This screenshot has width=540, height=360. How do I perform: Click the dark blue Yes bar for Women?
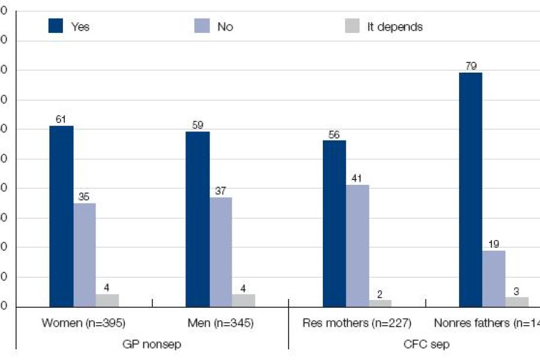(x=61, y=216)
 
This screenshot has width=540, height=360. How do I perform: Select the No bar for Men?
(x=220, y=252)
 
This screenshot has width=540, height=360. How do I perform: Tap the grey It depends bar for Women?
(x=107, y=301)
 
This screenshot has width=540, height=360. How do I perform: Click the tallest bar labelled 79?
(x=470, y=190)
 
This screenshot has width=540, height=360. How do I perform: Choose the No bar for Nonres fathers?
(x=494, y=278)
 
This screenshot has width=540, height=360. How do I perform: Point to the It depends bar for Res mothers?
(x=380, y=304)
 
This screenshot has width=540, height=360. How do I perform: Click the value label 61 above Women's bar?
(x=61, y=119)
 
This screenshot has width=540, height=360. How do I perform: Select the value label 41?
(x=358, y=178)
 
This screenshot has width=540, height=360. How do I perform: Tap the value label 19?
(x=494, y=244)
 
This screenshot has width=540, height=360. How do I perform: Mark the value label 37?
(x=220, y=191)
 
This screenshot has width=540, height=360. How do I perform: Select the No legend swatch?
(x=203, y=26)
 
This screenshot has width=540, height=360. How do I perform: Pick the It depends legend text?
(x=395, y=27)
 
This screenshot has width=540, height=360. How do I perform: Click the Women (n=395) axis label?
(x=83, y=323)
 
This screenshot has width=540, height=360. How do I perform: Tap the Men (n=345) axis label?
(x=220, y=323)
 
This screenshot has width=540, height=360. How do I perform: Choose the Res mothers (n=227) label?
(x=356, y=323)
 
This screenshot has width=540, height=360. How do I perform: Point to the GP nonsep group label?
(x=151, y=344)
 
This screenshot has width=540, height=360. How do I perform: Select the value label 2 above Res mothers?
(x=380, y=293)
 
